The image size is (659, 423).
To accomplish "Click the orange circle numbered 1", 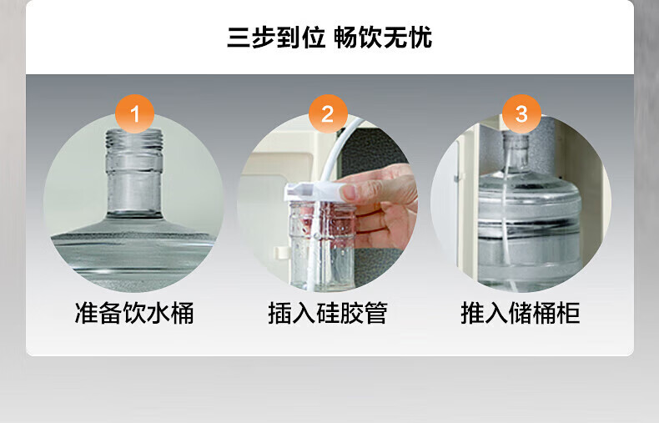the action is (x=135, y=113).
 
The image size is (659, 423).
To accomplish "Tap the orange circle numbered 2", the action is (x=328, y=113).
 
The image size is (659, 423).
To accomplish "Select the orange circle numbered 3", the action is (x=521, y=113).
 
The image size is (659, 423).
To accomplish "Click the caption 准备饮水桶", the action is (x=134, y=313).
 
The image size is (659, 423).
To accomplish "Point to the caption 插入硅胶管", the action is (x=328, y=313).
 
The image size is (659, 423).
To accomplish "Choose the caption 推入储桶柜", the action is (x=521, y=313).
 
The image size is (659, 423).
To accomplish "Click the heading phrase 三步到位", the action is (x=276, y=38).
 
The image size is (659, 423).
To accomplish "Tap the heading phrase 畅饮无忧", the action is (x=383, y=38).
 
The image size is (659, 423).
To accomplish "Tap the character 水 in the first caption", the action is (x=158, y=313).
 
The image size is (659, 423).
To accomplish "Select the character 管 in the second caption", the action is (x=375, y=313).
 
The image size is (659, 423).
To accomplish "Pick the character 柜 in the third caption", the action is (x=569, y=313).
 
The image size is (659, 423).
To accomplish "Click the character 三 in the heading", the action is (x=239, y=38).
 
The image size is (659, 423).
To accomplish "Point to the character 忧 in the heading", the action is (x=420, y=38).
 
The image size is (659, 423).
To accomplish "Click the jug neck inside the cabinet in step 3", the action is (x=516, y=151).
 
